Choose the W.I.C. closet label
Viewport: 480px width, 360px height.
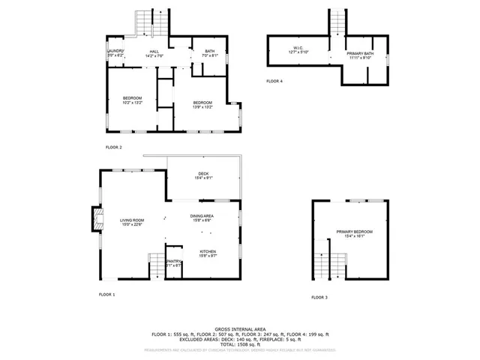click(298, 49)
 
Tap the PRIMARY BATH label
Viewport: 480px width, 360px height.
click(359, 55)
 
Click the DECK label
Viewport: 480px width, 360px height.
click(203, 175)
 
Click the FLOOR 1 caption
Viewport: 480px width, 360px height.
click(107, 295)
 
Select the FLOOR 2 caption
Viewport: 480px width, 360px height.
click(113, 147)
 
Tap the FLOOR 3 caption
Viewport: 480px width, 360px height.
click(319, 297)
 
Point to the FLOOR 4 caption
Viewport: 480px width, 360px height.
click(274, 81)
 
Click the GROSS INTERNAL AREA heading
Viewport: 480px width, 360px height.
click(239, 328)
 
